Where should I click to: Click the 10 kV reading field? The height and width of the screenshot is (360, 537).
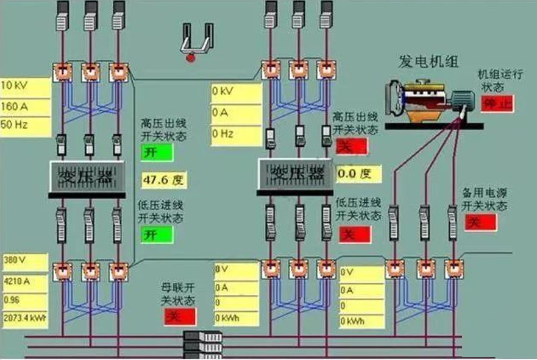[x=24, y=86]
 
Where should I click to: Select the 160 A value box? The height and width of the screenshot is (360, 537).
[x=24, y=107]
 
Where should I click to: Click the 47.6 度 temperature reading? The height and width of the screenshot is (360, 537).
[x=164, y=180]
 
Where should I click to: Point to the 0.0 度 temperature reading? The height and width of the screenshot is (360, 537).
[x=359, y=174]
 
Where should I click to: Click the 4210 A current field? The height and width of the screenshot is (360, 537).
[x=24, y=282]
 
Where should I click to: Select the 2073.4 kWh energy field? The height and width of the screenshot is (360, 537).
[x=24, y=318]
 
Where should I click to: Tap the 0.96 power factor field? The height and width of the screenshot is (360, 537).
[x=24, y=300]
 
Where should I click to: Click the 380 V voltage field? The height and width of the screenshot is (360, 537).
[x=24, y=262]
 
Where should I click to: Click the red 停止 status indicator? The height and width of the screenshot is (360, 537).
[x=497, y=104]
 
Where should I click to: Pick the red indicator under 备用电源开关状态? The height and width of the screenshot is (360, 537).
[x=480, y=222]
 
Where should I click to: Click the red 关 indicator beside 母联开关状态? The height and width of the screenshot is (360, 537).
[x=180, y=317]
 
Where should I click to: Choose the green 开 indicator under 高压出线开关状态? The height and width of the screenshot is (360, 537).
[x=157, y=152]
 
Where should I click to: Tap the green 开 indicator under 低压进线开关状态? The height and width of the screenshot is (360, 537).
[x=157, y=234]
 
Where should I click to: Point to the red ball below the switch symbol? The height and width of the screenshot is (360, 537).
[x=191, y=58]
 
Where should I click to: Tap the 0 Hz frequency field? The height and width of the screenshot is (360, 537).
[x=236, y=134]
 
